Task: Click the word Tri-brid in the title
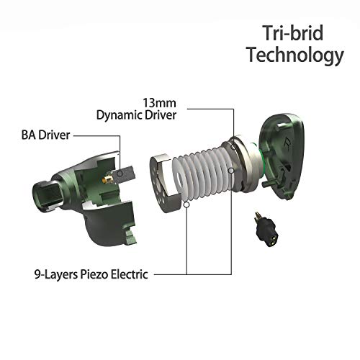click(x=292, y=33)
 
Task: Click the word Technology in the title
click(x=296, y=55)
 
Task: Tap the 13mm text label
click(x=160, y=103)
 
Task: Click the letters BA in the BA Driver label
click(x=29, y=135)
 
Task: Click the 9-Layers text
click(x=56, y=275)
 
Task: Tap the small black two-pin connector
click(x=266, y=230)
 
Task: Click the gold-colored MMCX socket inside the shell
click(x=107, y=179)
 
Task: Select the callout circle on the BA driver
click(x=120, y=174)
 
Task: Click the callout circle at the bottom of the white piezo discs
click(x=186, y=204)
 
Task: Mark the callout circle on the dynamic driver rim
click(x=233, y=146)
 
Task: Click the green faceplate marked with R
click(x=280, y=156)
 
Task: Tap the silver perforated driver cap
click(x=166, y=183)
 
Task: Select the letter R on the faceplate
click(x=287, y=143)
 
